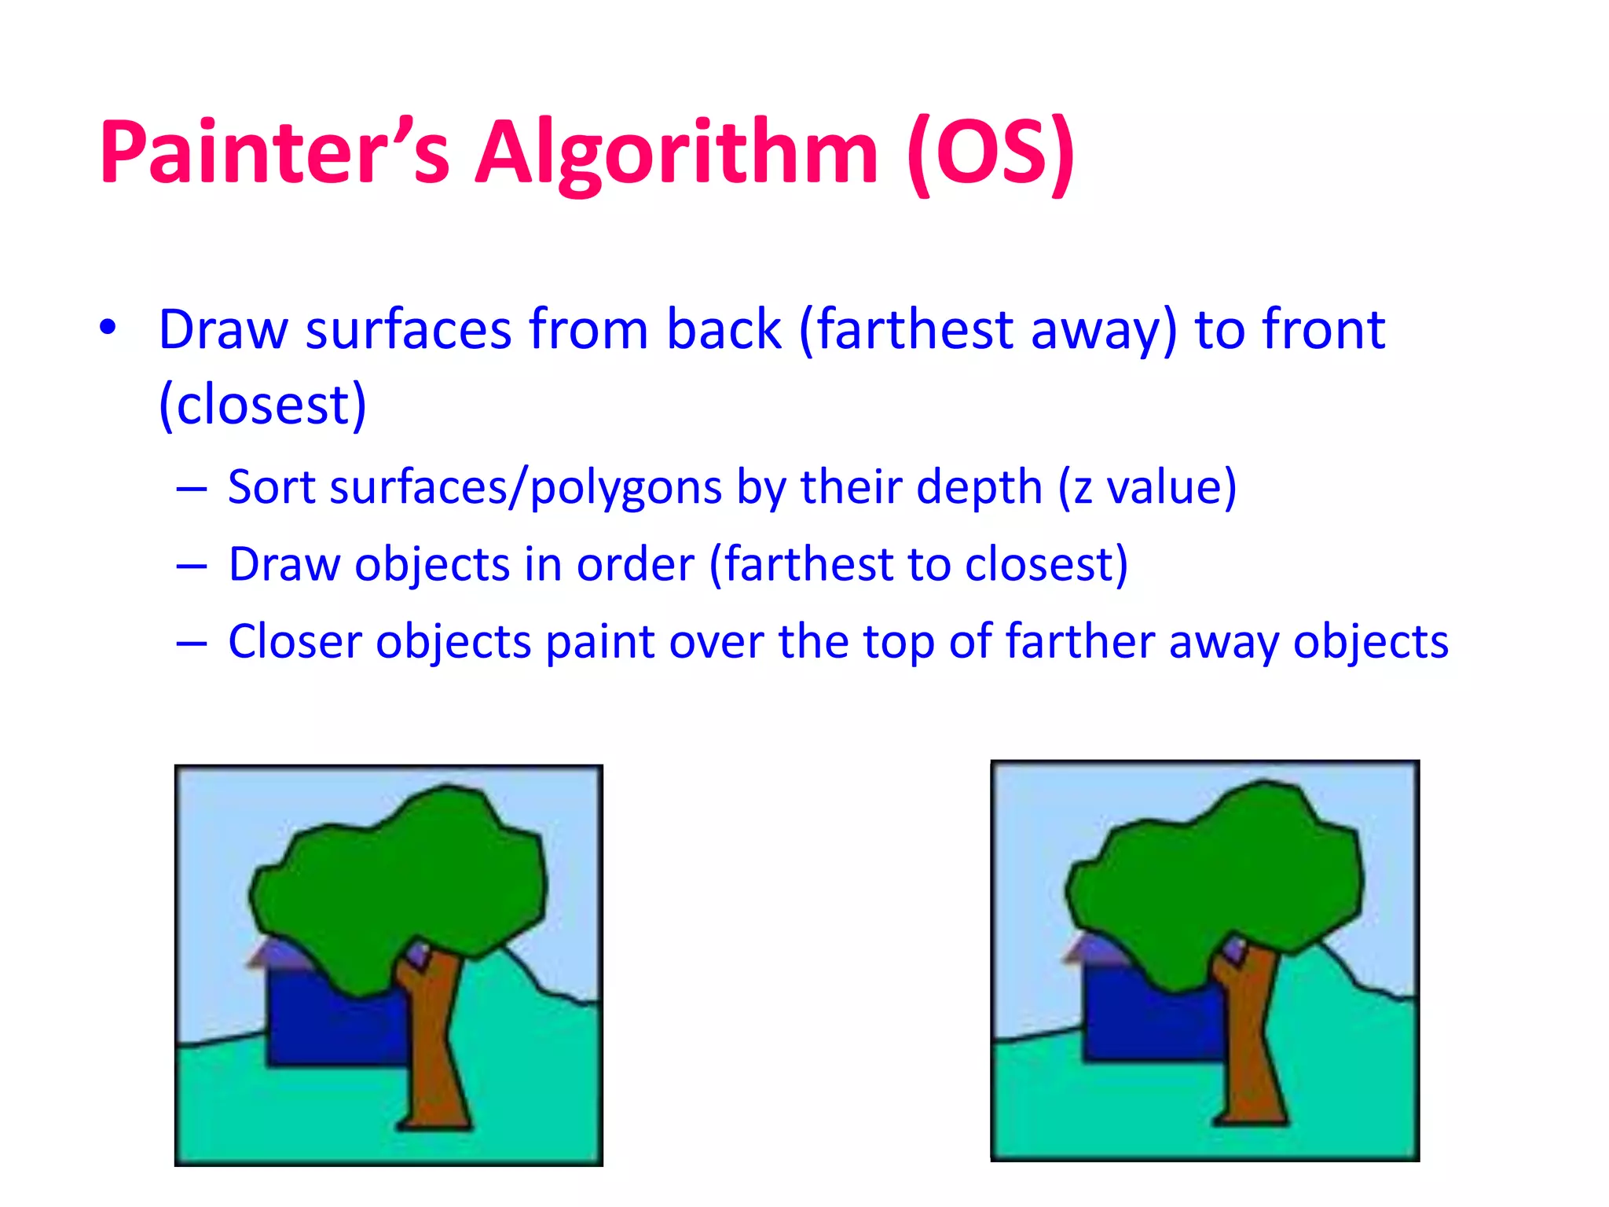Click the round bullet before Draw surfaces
pos(108,327)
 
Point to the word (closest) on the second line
pos(262,405)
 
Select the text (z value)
pos(1148,487)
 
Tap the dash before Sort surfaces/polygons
pos(191,489)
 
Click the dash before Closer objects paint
pos(191,644)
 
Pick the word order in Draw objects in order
pos(635,564)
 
